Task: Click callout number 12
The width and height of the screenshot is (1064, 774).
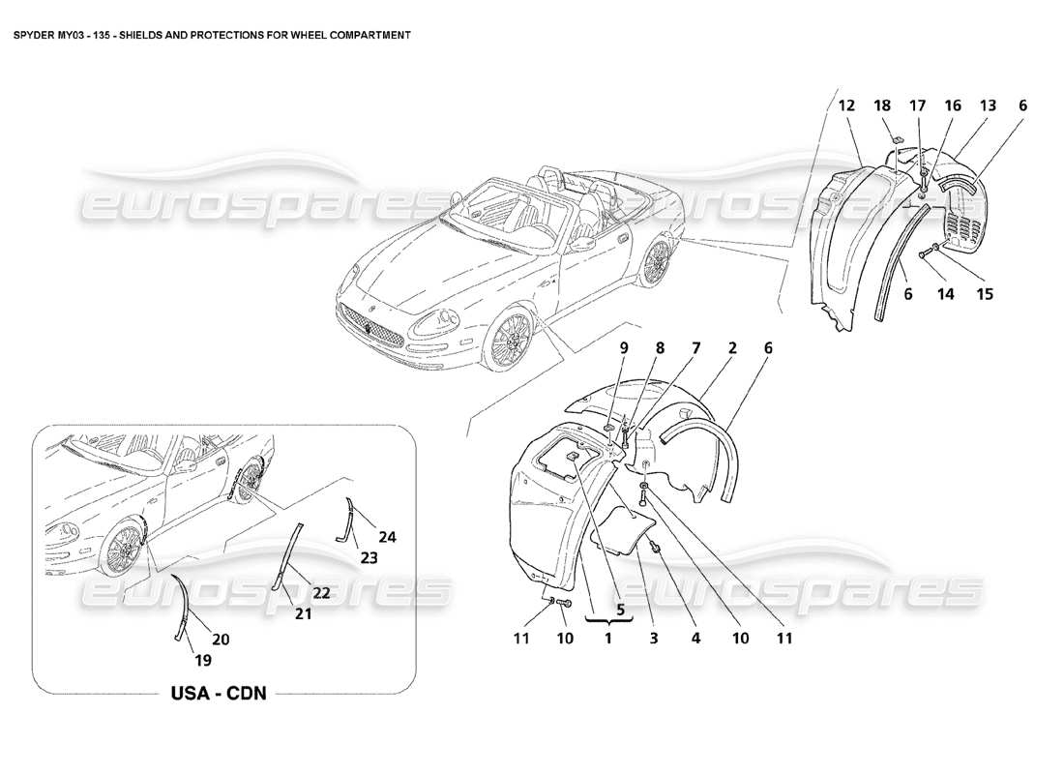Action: point(845,106)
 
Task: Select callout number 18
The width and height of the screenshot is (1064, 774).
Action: point(882,106)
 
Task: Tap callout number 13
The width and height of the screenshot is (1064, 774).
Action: point(987,106)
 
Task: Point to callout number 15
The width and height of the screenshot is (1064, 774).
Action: point(984,294)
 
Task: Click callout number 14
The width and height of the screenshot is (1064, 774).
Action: point(947,294)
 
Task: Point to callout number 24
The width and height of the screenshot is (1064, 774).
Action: point(387,537)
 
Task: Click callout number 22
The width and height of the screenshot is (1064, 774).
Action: point(321,592)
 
